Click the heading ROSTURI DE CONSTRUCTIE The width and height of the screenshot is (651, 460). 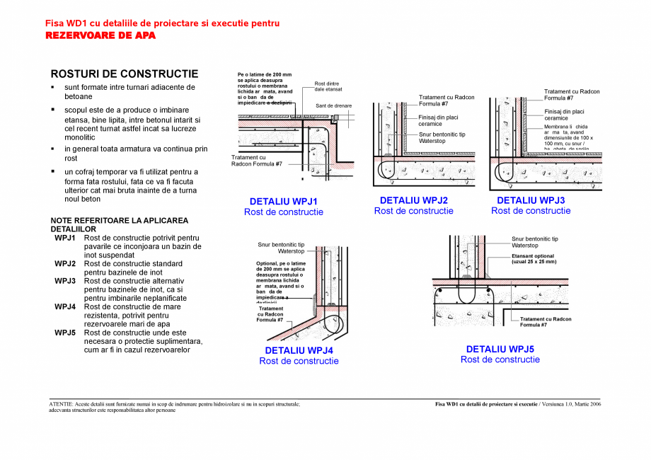pos(125,74)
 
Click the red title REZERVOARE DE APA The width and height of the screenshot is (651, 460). pos(100,35)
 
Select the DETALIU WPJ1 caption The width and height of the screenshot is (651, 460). pos(283,202)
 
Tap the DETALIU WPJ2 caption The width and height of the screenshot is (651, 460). pos(413,200)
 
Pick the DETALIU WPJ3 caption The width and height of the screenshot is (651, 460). pos(531,200)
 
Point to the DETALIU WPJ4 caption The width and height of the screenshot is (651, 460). pos(299,350)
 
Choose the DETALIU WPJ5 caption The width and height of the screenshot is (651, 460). pos(500,349)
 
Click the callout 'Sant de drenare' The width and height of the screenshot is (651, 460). pos(333,105)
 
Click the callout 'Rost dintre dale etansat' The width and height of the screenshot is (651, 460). pos(328,86)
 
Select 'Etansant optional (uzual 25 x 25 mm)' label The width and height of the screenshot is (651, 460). pos(534,258)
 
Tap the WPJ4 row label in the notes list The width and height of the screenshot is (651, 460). pos(65,307)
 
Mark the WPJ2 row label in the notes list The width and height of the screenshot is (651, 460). pos(65,264)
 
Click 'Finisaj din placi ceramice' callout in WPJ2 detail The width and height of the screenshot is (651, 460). pos(438,120)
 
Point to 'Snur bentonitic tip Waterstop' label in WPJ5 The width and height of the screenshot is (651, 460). pos(534,242)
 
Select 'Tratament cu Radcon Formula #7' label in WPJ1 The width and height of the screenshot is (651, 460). pos(256,160)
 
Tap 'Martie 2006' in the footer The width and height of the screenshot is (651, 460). pos(585,404)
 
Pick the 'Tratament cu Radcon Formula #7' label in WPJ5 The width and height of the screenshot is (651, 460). pos(545,322)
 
